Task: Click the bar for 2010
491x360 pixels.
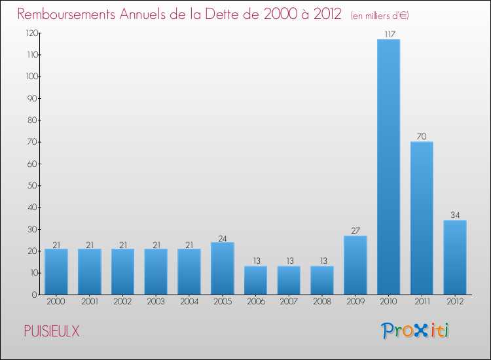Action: tap(388, 167)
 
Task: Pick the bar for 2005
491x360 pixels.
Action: tap(223, 268)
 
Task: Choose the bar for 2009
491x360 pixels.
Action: tap(355, 265)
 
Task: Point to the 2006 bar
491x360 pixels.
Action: tap(255, 280)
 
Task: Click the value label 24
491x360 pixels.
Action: tap(223, 238)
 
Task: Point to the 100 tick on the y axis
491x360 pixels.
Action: tap(31, 77)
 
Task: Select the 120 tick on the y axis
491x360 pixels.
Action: tap(31, 33)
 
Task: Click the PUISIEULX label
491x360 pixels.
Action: tap(52, 332)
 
